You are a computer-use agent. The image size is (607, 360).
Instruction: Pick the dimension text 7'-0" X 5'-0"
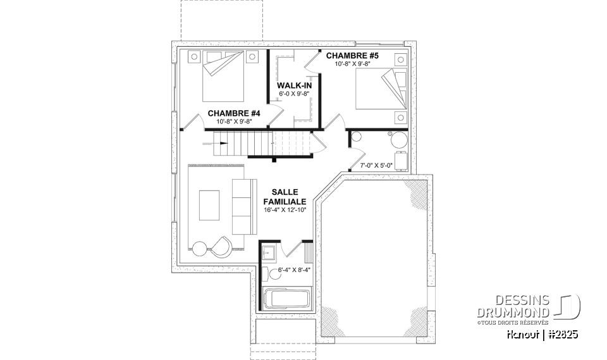pyautogui.click(x=377, y=165)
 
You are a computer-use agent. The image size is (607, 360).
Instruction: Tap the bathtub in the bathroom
pyautogui.click(x=286, y=298)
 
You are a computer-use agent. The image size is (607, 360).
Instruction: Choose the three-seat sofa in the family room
pyautogui.click(x=242, y=206)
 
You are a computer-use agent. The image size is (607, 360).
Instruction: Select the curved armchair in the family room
pyautogui.click(x=221, y=246)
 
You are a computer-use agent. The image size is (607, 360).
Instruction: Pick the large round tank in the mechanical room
pyautogui.click(x=399, y=140)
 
